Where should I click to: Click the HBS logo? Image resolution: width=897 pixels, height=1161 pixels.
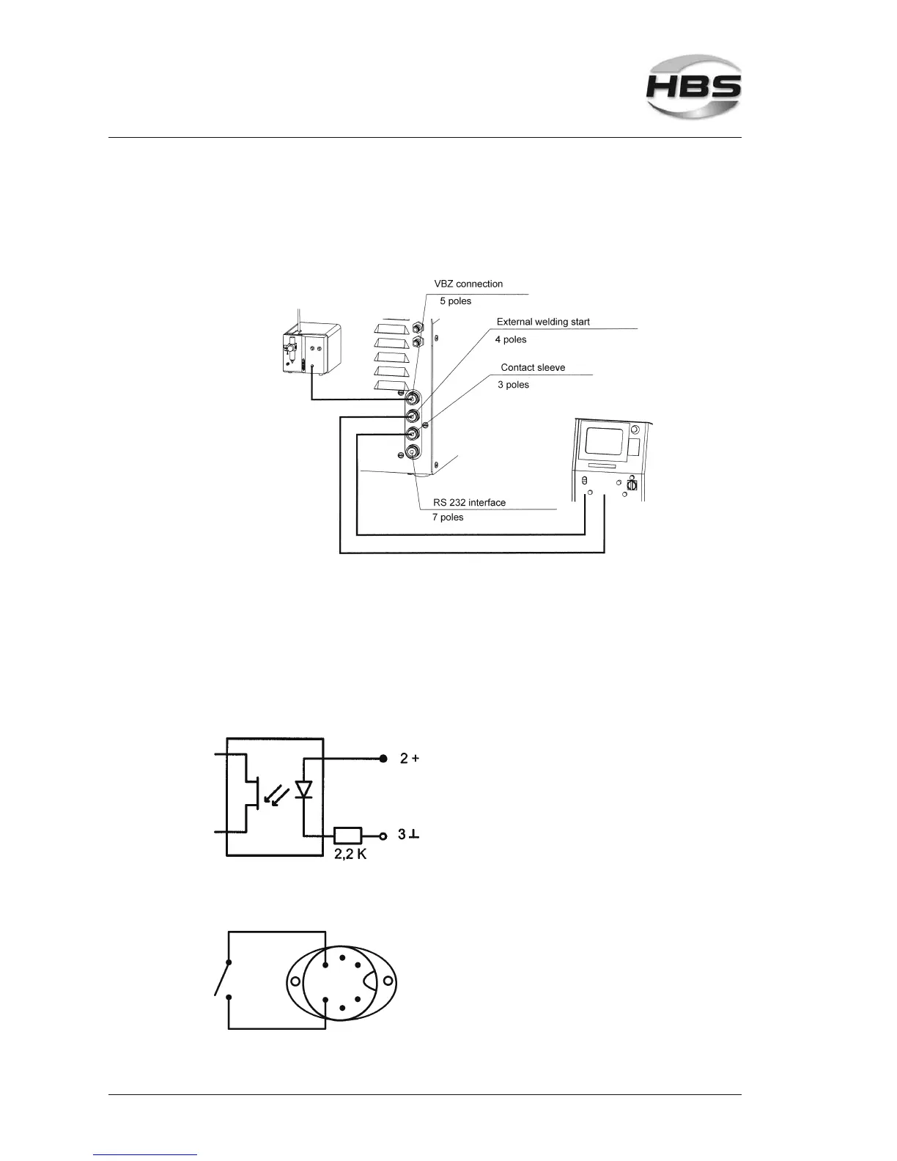click(693, 90)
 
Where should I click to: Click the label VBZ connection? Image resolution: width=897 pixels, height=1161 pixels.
click(468, 284)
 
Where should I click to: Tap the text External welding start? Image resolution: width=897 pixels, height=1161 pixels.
click(543, 322)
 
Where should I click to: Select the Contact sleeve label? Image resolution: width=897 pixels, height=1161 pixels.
click(533, 367)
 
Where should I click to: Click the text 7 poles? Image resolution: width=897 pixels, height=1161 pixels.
click(448, 517)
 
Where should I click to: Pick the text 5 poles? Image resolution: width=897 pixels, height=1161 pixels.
click(456, 301)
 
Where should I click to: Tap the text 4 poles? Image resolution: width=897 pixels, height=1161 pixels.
click(511, 339)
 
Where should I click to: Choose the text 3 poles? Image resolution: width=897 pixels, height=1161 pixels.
click(513, 385)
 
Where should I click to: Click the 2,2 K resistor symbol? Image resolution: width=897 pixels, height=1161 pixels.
click(347, 834)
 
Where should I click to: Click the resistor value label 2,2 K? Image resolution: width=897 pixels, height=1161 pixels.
click(350, 855)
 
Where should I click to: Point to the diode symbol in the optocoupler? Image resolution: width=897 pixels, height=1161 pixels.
click(303, 789)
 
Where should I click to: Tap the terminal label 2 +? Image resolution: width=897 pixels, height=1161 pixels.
click(409, 759)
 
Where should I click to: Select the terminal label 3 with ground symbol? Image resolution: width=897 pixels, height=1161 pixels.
click(408, 834)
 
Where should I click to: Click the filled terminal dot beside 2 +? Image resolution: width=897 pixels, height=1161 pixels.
click(383, 759)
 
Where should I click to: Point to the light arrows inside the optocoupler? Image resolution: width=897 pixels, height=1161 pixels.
click(277, 795)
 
